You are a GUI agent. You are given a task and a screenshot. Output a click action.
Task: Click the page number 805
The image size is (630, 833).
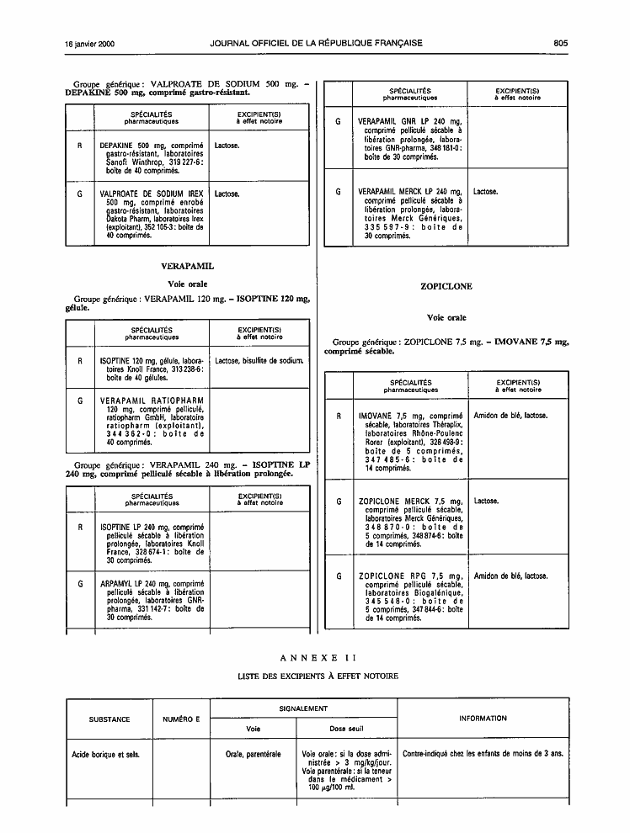[x=560, y=44]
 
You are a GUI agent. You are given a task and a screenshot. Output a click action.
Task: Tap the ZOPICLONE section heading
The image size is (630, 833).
[x=446, y=286]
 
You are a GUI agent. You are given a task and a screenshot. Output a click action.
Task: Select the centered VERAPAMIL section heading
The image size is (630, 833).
[x=188, y=266]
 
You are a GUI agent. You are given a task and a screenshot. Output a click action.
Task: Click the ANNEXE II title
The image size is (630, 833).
[x=318, y=658]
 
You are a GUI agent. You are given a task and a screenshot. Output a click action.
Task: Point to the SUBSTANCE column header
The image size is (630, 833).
[x=109, y=719]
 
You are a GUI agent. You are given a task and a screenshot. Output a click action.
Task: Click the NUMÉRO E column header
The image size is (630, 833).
[x=181, y=719]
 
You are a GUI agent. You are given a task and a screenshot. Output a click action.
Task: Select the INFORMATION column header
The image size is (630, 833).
[x=483, y=719]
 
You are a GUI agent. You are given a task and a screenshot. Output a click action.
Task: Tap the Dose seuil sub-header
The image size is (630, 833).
[x=346, y=729]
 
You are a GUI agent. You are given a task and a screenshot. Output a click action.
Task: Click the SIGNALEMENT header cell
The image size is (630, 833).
[x=303, y=708]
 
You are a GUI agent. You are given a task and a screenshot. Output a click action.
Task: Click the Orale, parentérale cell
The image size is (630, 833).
[x=253, y=754]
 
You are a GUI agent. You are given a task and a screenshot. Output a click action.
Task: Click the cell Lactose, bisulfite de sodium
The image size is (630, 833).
[x=259, y=361]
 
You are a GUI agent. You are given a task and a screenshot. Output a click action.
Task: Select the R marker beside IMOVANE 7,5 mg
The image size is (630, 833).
[x=339, y=416]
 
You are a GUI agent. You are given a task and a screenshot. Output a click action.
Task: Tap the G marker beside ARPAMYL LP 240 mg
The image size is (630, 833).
[x=80, y=584]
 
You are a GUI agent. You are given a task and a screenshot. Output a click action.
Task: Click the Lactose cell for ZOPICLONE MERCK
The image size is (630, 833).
[x=486, y=501]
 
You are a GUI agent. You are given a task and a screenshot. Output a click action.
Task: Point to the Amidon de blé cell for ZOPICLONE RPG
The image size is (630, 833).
[x=510, y=576]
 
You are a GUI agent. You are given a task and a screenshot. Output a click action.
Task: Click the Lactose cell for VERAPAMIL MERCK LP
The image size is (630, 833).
[x=485, y=192]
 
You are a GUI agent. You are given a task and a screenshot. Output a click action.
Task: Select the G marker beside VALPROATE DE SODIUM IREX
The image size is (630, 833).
[x=80, y=194]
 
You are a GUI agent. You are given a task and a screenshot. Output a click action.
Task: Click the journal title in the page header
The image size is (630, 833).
[x=317, y=43]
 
